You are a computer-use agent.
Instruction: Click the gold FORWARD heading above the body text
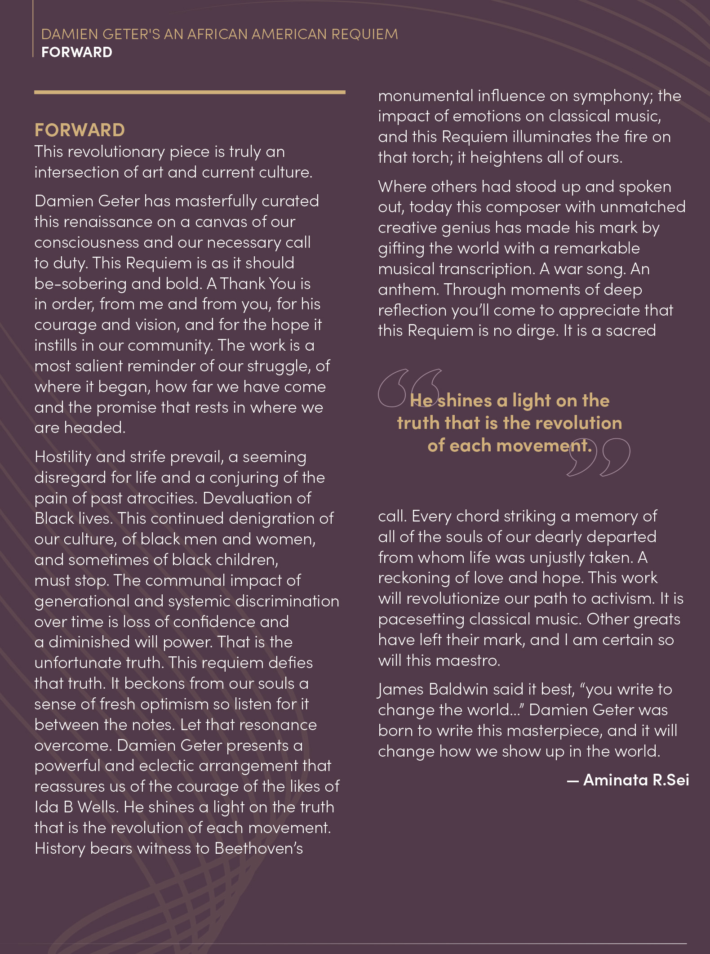click(80, 130)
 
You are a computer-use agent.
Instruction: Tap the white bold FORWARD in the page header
click(77, 53)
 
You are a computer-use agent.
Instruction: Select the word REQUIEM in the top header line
click(364, 35)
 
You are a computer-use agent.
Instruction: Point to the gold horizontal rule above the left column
click(190, 92)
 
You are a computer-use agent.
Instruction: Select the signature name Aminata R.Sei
click(636, 780)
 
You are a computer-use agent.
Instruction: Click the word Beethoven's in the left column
click(259, 848)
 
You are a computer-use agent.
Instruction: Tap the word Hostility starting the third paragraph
click(63, 457)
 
